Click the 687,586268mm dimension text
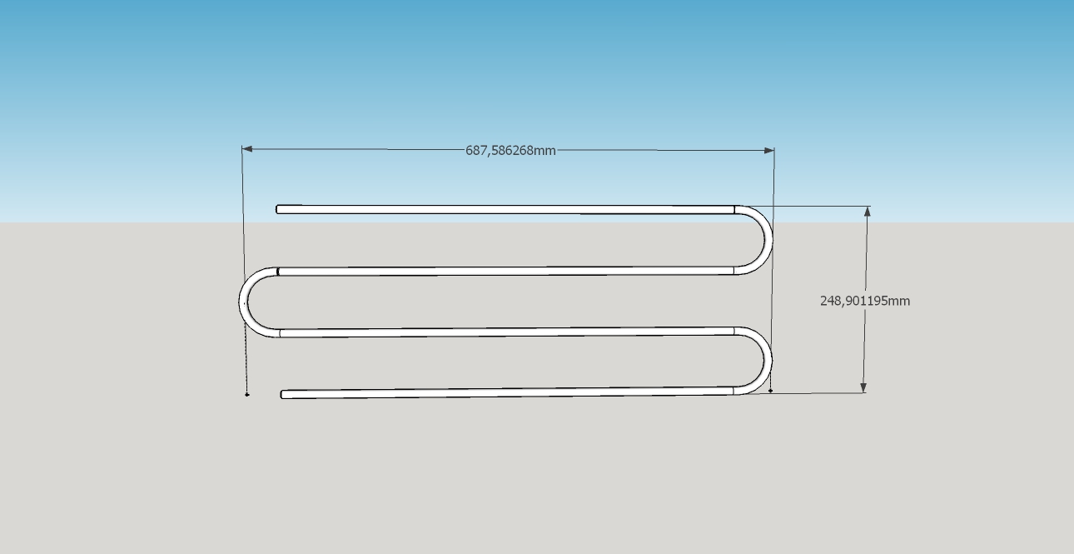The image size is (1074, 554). (510, 151)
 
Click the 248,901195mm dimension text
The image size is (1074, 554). (865, 301)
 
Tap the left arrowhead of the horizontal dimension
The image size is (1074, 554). (247, 149)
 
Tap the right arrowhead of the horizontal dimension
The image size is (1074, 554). (769, 151)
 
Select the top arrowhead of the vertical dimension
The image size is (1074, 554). (867, 212)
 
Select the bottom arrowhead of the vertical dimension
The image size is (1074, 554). (863, 387)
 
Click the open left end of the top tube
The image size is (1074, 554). (277, 209)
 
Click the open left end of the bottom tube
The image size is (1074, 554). (282, 395)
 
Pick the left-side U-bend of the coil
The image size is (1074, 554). (243, 302)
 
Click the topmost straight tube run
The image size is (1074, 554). (505, 209)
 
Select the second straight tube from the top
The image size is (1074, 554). (506, 272)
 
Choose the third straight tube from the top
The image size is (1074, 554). (506, 332)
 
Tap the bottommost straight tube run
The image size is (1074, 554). (507, 393)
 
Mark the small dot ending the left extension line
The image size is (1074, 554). (247, 395)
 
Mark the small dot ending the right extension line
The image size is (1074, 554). (770, 391)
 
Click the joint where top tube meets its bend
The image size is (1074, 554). (734, 210)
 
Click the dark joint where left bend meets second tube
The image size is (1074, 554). (278, 272)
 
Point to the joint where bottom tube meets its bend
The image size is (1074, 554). (733, 391)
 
